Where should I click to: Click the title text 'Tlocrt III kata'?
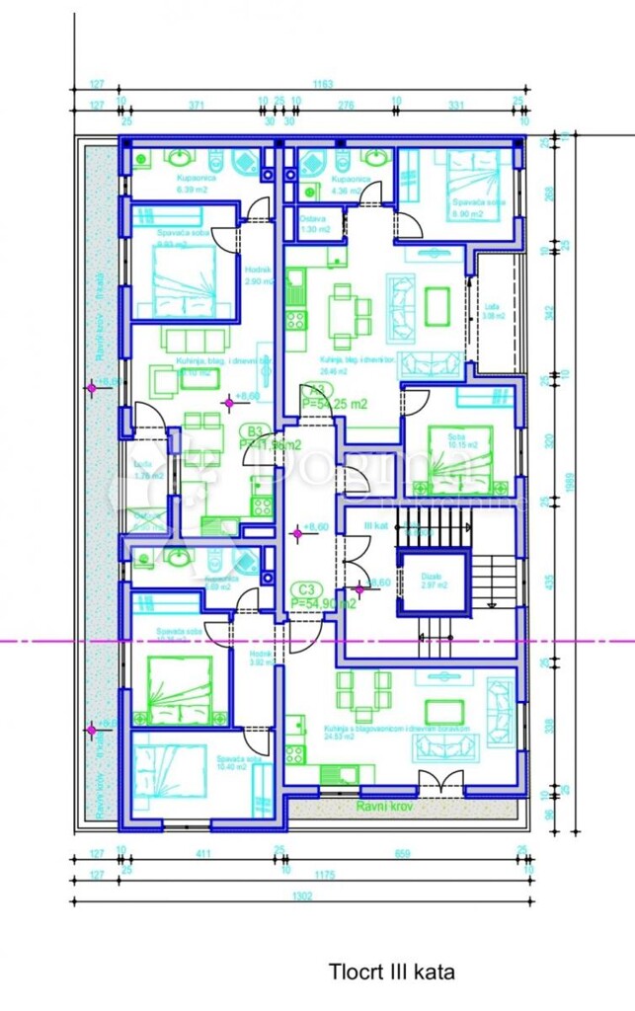click(393, 972)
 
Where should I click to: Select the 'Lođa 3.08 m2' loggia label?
click(494, 312)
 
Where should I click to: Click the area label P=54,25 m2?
click(334, 404)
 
